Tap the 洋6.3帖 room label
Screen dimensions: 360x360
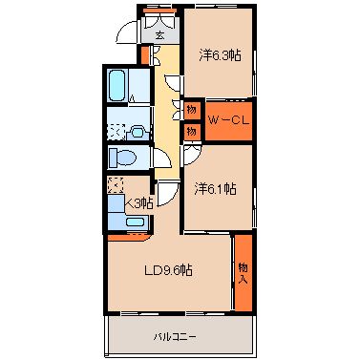coord(220,55)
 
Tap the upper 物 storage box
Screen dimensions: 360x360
coord(192,109)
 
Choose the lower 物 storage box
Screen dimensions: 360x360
coord(192,129)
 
